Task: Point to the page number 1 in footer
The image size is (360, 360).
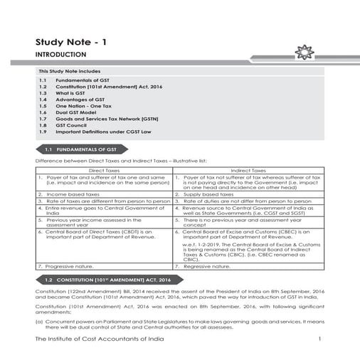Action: [x=320, y=340]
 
